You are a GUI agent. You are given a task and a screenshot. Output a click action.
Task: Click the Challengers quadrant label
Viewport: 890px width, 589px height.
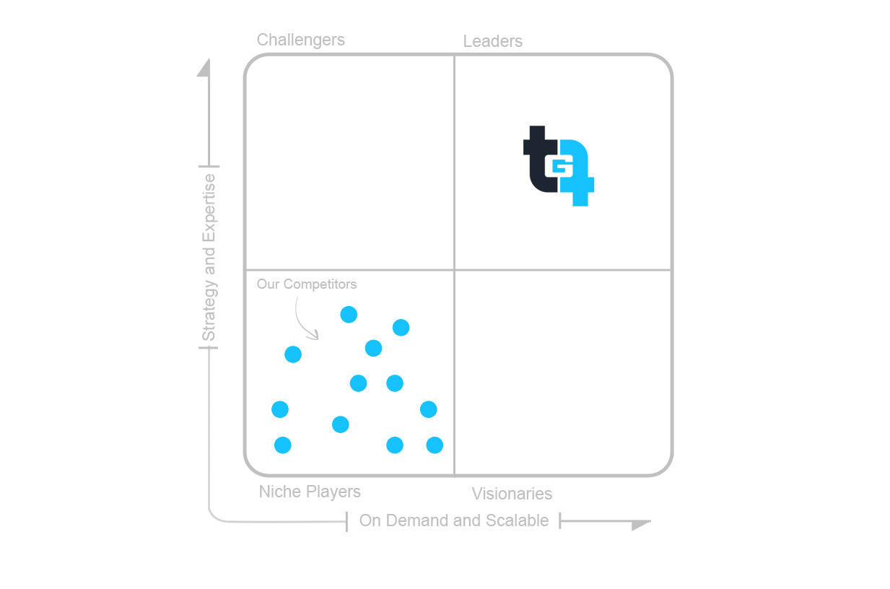tap(301, 40)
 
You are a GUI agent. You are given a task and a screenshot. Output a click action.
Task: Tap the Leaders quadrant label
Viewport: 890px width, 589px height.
tap(493, 41)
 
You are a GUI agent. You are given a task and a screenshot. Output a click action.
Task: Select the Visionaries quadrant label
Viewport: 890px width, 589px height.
tap(512, 494)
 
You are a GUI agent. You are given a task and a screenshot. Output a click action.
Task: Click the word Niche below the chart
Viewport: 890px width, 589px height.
tap(280, 492)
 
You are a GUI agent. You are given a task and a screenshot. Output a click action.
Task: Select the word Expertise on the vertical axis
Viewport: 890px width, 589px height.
tap(209, 208)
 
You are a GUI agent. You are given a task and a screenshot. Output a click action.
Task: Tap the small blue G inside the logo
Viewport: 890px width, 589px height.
tap(559, 167)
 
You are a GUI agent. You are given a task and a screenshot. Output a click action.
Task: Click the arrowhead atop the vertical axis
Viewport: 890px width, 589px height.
tap(204, 68)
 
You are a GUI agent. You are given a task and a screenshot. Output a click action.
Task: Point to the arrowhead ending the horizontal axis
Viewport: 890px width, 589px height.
tap(640, 525)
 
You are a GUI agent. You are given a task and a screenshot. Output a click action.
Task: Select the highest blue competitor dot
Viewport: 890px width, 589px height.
tap(349, 315)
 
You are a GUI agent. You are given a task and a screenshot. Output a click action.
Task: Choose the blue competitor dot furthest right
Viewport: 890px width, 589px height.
tap(435, 445)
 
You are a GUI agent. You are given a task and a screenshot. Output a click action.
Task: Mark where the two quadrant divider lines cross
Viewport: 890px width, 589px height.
tap(455, 270)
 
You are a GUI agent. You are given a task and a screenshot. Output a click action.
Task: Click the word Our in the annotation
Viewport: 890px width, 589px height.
tap(268, 284)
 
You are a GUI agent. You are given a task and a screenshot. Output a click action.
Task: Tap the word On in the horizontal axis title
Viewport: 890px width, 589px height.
tap(370, 520)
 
